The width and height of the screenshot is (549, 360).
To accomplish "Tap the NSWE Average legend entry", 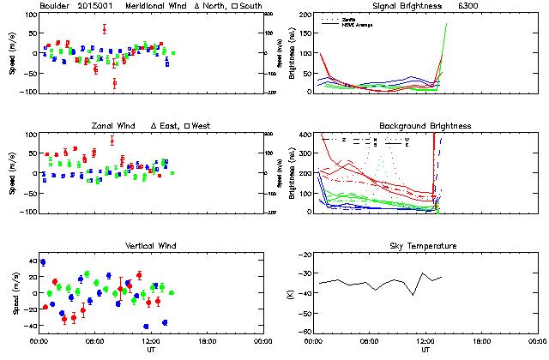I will [x=359, y=23].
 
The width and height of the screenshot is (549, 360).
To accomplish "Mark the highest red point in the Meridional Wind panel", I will [x=104, y=28].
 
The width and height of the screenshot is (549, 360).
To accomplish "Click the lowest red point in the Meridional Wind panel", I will [x=114, y=83].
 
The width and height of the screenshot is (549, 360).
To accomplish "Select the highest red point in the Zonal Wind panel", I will [x=112, y=141].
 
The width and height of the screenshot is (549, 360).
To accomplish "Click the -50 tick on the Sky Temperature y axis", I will [x=302, y=315].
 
